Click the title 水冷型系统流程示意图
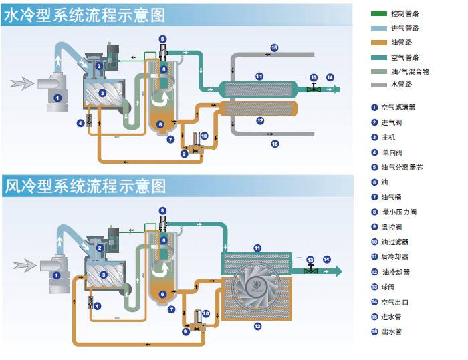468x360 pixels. pyautogui.click(x=84, y=16)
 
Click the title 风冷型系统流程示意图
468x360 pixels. pyautogui.click(x=84, y=186)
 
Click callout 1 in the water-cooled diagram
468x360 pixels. pyautogui.click(x=57, y=98)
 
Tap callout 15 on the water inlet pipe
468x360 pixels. pyautogui.click(x=274, y=47)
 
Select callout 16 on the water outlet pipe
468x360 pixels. pyautogui.click(x=274, y=144)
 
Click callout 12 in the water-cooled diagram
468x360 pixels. pyautogui.click(x=259, y=120)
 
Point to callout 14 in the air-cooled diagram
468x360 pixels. pyautogui.click(x=327, y=259)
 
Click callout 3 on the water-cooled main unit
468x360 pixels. pyautogui.click(x=102, y=94)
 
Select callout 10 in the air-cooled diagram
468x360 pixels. pyautogui.click(x=205, y=313)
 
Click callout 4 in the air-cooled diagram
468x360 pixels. pyautogui.click(x=97, y=306)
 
